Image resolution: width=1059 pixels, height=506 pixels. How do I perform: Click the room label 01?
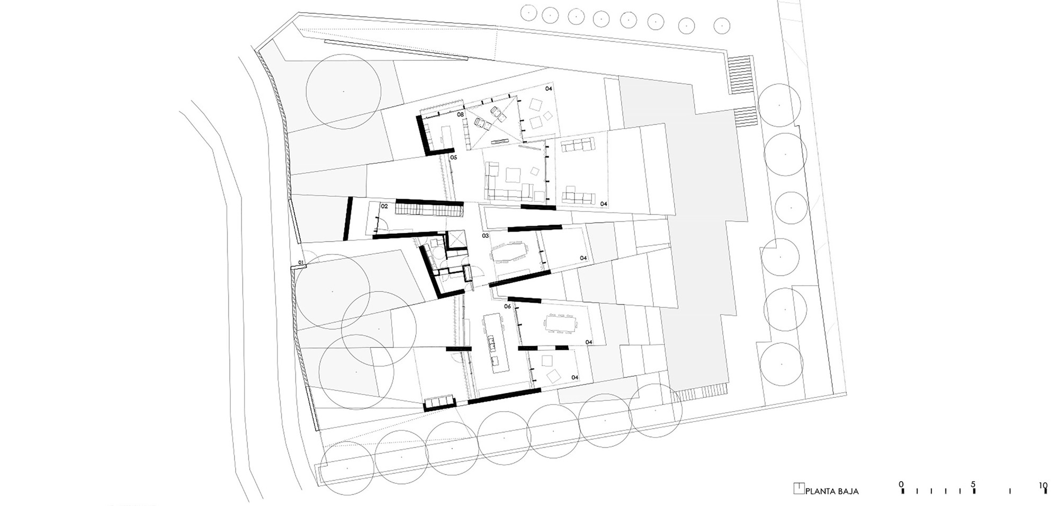click(x=301, y=262)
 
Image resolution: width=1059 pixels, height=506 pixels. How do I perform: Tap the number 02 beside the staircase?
click(x=384, y=206)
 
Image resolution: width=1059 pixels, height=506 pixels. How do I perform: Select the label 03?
click(x=485, y=235)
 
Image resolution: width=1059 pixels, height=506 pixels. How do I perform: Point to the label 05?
click(x=453, y=157)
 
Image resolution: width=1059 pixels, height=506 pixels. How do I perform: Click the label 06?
click(x=507, y=306)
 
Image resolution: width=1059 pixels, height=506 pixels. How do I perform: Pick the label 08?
click(x=460, y=114)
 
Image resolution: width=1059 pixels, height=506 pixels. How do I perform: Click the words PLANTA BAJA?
click(x=832, y=491)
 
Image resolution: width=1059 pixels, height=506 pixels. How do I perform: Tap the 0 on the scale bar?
click(x=901, y=484)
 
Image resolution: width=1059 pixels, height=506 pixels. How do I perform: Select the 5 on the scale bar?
click(x=973, y=484)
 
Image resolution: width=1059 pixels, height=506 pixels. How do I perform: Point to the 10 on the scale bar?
click(x=1043, y=484)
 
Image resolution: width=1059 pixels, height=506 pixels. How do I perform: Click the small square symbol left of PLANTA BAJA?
click(x=798, y=489)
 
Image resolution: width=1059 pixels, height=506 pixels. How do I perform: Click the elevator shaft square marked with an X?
click(x=455, y=240)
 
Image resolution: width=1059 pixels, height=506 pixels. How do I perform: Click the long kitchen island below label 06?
click(x=493, y=341)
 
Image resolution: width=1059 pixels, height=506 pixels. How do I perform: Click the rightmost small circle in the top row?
click(x=722, y=24)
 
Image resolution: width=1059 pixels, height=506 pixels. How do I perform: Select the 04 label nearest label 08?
click(x=549, y=88)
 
